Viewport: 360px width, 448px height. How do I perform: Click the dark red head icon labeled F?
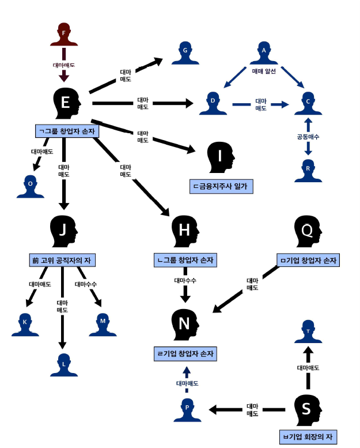pyautogui.click(x=64, y=35)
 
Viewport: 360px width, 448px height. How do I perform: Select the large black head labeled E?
pyautogui.click(x=66, y=104)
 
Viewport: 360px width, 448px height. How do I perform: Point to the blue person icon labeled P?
pyautogui.click(x=187, y=409)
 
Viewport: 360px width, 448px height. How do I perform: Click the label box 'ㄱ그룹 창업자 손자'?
pyautogui.click(x=68, y=131)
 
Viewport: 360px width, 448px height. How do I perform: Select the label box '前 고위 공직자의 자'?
pyautogui.click(x=62, y=260)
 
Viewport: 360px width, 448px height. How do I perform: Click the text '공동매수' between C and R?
pyautogui.click(x=308, y=137)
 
